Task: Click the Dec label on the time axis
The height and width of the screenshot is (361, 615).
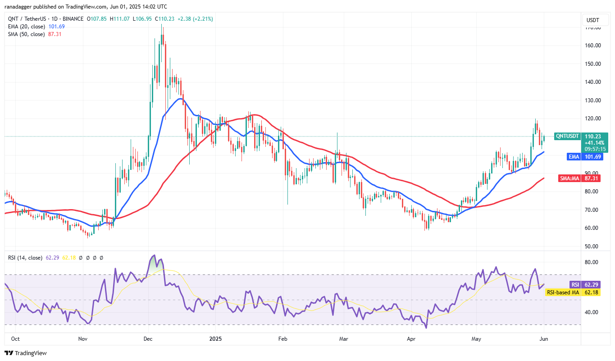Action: click(x=148, y=338)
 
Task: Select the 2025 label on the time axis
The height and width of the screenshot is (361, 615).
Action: click(x=216, y=338)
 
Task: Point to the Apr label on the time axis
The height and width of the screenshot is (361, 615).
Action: click(x=411, y=338)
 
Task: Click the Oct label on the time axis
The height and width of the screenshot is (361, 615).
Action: click(x=15, y=338)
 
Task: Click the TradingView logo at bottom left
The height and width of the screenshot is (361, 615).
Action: click(x=26, y=353)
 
